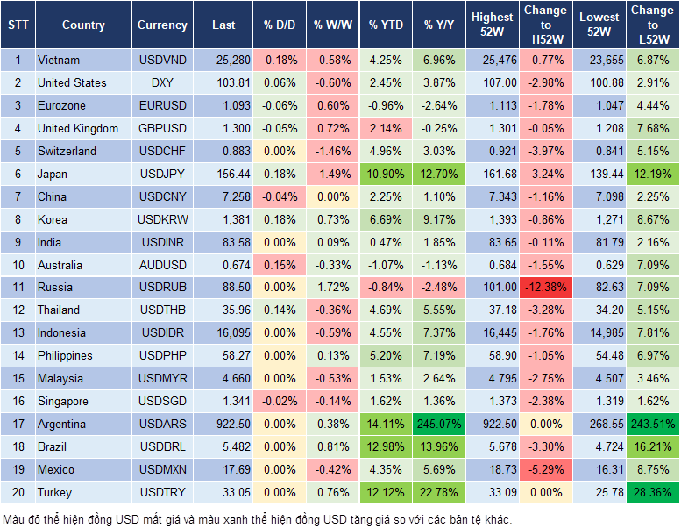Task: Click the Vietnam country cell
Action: (58, 60)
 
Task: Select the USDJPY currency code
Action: (162, 174)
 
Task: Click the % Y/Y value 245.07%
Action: (439, 424)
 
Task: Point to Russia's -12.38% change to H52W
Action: (544, 287)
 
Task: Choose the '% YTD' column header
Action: (386, 25)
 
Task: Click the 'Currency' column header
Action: (162, 25)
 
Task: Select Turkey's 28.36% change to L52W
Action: (652, 492)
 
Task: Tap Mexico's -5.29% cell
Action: (544, 469)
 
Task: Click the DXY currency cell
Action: (162, 82)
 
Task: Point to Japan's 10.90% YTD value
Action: (386, 174)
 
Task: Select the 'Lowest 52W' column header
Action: (598, 25)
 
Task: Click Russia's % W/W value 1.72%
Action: (332, 287)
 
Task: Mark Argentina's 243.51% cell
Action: (652, 424)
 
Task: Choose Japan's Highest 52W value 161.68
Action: (493, 174)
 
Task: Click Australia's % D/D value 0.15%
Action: (279, 265)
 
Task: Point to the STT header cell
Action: (18, 25)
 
